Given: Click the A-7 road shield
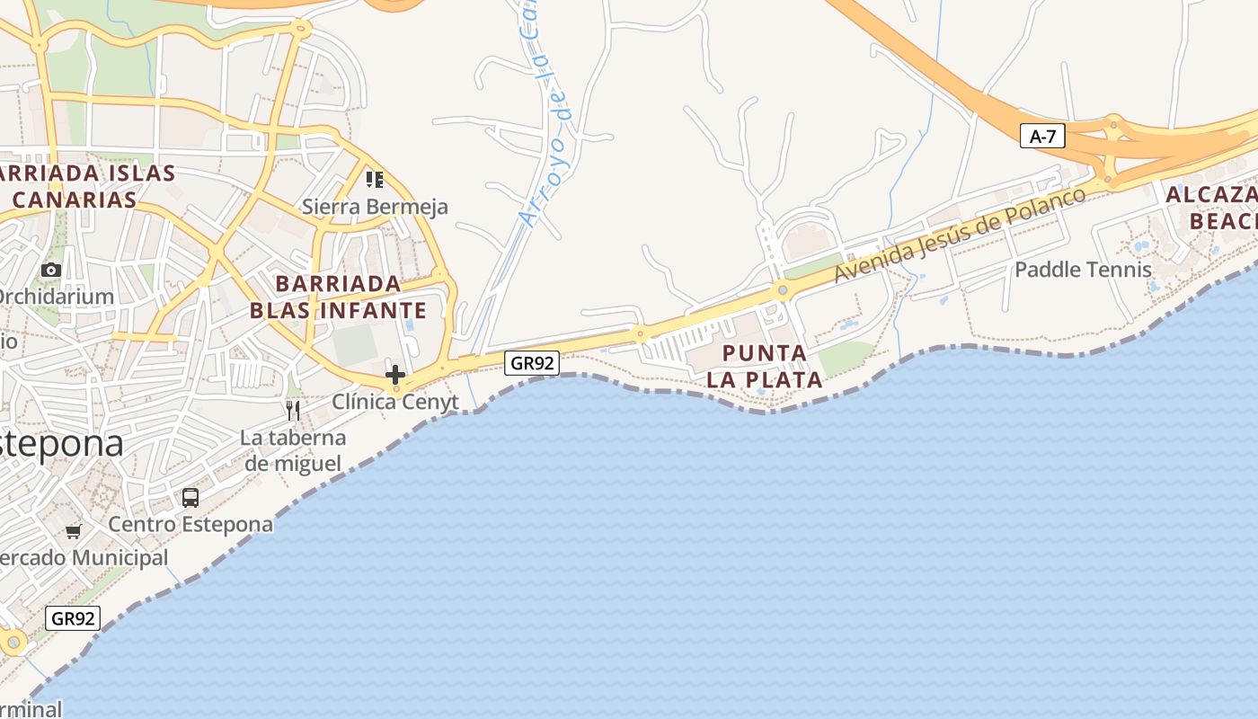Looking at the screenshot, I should [1042, 137].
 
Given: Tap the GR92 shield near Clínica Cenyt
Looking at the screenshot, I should [531, 363].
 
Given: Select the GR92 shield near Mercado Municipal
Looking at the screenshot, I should [73, 618].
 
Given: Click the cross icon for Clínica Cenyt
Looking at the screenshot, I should [394, 375].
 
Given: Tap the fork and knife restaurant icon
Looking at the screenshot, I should [292, 411].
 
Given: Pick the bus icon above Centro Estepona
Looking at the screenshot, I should [190, 497].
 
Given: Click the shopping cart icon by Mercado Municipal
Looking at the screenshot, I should [74, 531].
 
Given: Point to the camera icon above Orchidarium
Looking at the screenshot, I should [51, 270].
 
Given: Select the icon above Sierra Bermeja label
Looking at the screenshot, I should [375, 180].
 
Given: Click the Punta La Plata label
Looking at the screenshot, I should [765, 366].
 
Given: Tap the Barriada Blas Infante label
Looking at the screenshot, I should [338, 297].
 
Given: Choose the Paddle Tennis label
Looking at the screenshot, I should [1083, 270].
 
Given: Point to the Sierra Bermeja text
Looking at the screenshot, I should [375, 207].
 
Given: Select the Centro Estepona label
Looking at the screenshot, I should [190, 524].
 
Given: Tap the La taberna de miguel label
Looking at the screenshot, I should [293, 451].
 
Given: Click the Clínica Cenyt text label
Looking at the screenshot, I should [395, 402].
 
